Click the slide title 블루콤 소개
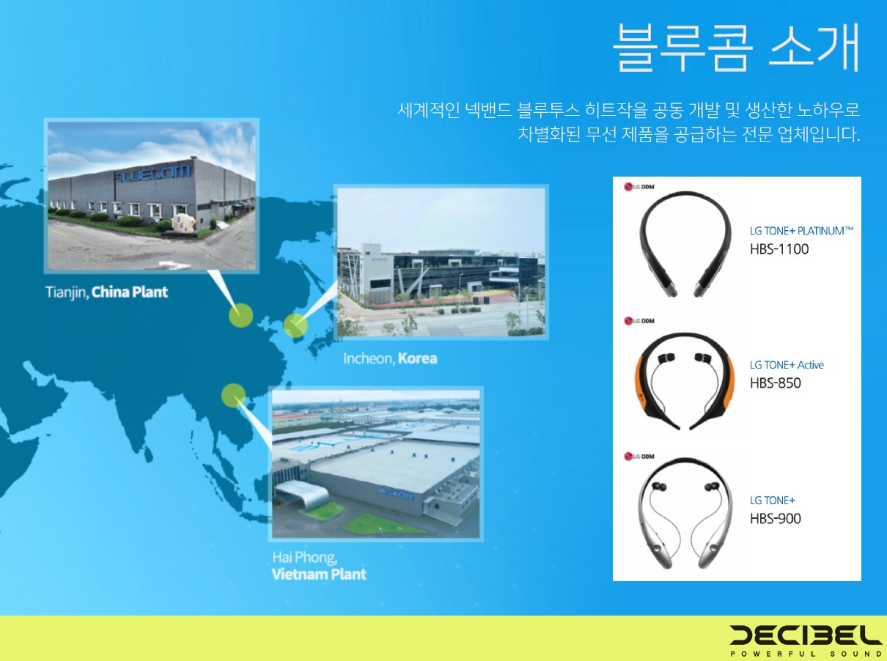(735, 48)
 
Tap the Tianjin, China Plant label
(107, 292)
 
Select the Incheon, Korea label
(390, 358)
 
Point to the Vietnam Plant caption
(319, 573)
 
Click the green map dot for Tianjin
(240, 316)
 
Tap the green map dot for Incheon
(295, 325)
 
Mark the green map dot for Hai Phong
(233, 395)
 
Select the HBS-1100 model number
(779, 249)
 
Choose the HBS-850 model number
(775, 383)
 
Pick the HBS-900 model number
(775, 518)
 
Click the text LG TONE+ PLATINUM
(801, 230)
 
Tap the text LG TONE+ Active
(787, 364)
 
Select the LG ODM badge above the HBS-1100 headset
(638, 186)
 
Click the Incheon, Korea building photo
(441, 262)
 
